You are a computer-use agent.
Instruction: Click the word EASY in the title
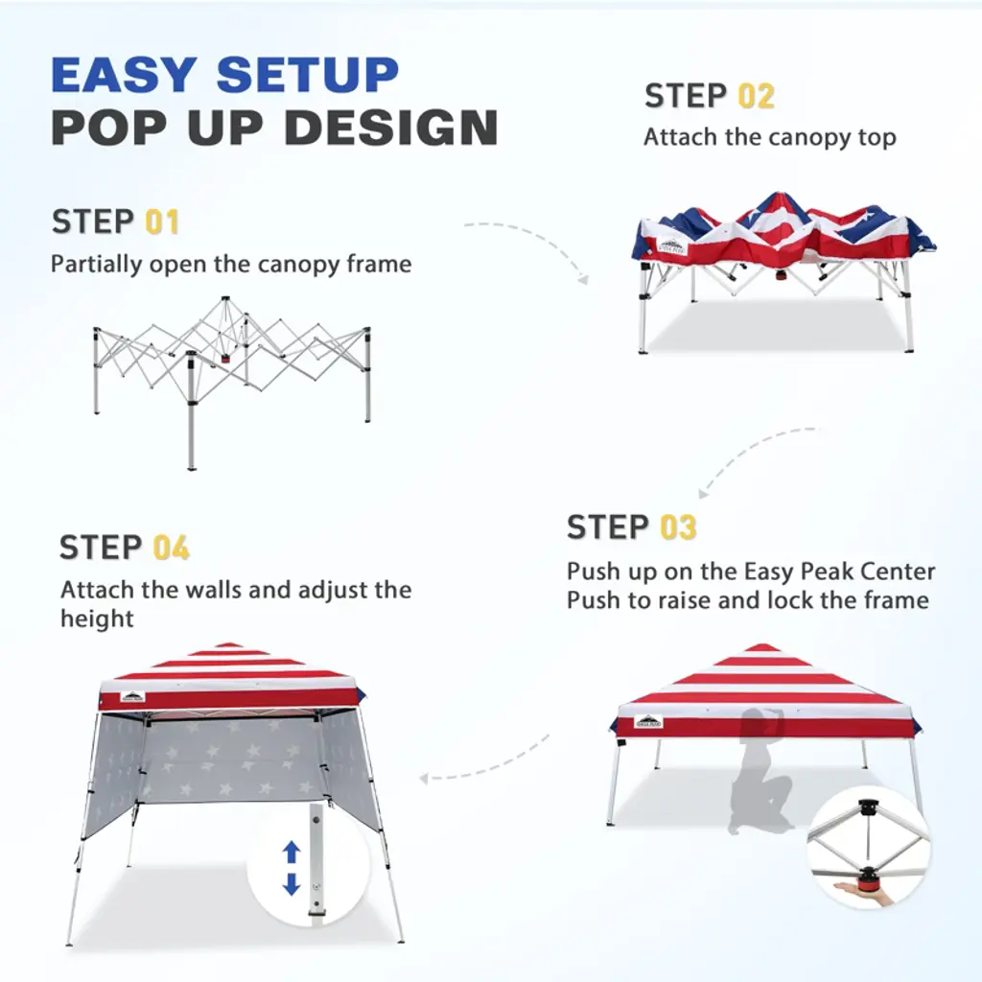[x=124, y=75]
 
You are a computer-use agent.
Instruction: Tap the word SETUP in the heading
[x=308, y=75]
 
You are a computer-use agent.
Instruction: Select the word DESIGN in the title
[x=391, y=128]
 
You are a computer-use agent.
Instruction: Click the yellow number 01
[x=162, y=222]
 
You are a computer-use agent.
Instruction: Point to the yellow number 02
[x=756, y=97]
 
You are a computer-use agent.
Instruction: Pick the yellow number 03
[x=678, y=527]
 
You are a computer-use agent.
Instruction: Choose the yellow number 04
[x=171, y=548]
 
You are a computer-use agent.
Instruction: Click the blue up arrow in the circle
[x=292, y=852]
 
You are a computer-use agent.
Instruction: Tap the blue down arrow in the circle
[x=292, y=883]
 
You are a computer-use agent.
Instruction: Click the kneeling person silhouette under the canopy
[x=759, y=772]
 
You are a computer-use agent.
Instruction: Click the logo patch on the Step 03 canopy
[x=648, y=722]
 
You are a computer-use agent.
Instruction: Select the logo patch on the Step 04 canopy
[x=132, y=697]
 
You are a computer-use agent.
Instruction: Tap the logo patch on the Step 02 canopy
[x=672, y=246]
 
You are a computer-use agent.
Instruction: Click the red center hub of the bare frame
[x=224, y=360]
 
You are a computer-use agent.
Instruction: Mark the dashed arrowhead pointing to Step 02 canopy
[x=583, y=278]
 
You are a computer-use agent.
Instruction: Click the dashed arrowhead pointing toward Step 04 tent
[x=425, y=779]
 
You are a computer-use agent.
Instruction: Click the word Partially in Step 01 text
[x=97, y=265]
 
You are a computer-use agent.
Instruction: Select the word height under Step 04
[x=97, y=619]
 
